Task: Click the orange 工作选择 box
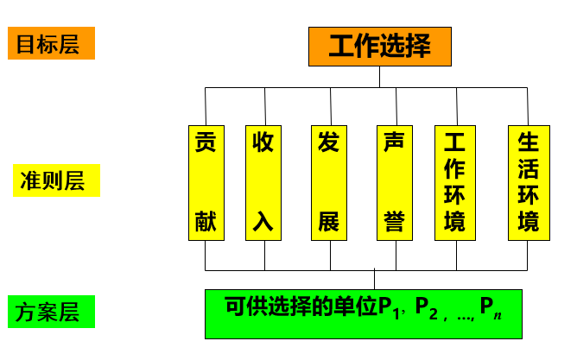380,46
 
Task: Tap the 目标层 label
51,44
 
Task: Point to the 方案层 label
51,313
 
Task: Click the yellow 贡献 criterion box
205,182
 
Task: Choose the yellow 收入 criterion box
263,182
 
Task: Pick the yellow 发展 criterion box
328,182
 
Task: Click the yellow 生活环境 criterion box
528,182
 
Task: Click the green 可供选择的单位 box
363,313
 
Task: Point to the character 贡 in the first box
205,141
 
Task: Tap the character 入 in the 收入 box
263,222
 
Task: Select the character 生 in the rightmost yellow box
528,141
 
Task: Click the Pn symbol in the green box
490,307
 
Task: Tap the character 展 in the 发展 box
328,222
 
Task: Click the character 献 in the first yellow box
205,222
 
